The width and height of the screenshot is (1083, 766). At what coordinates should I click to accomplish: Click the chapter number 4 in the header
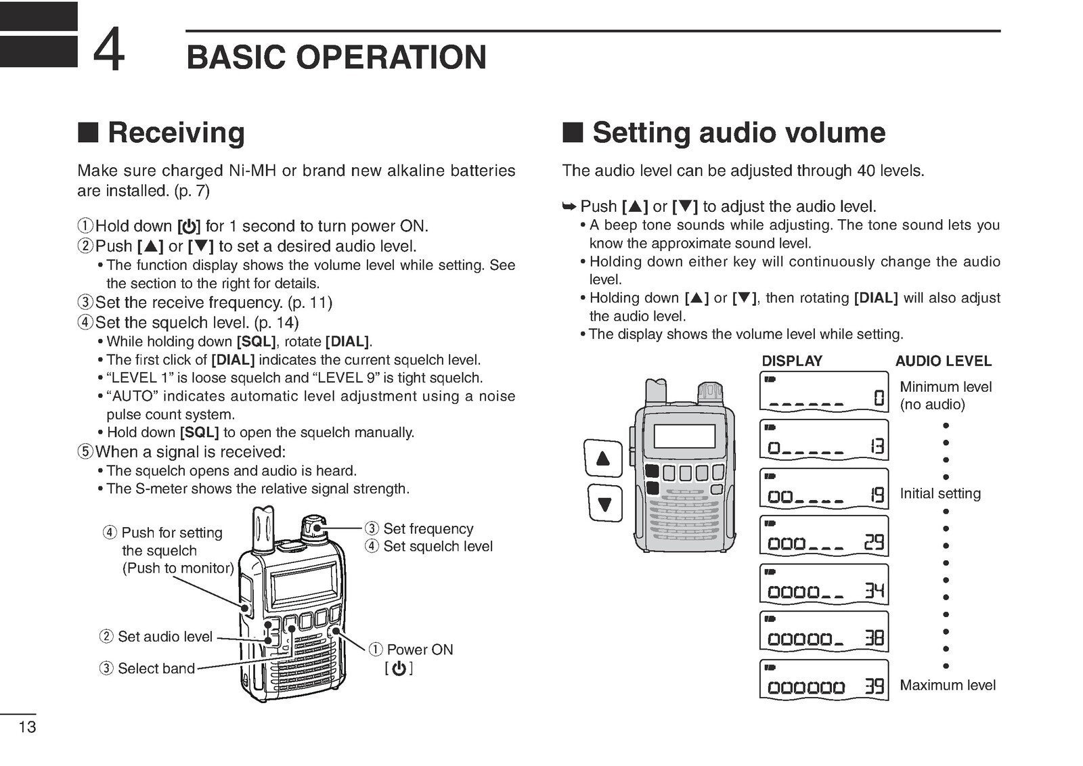108,51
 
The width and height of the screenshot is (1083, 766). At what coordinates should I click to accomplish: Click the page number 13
27,727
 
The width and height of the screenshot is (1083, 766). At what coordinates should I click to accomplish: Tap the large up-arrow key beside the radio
603,458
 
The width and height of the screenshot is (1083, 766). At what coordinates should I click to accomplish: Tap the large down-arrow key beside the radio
604,503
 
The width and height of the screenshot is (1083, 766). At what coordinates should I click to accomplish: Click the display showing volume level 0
824,392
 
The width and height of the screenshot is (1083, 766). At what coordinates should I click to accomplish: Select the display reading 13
824,441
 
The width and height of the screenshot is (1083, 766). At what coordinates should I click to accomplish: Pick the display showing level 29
824,536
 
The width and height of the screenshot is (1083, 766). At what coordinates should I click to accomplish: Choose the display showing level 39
824,679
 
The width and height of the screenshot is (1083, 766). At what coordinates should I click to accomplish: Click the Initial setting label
940,493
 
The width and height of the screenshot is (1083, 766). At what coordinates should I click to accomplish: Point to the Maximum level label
947,685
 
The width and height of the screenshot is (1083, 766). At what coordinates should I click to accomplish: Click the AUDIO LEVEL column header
943,361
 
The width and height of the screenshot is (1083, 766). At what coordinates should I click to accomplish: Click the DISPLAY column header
792,361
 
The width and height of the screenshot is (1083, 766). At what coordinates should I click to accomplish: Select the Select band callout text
156,669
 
